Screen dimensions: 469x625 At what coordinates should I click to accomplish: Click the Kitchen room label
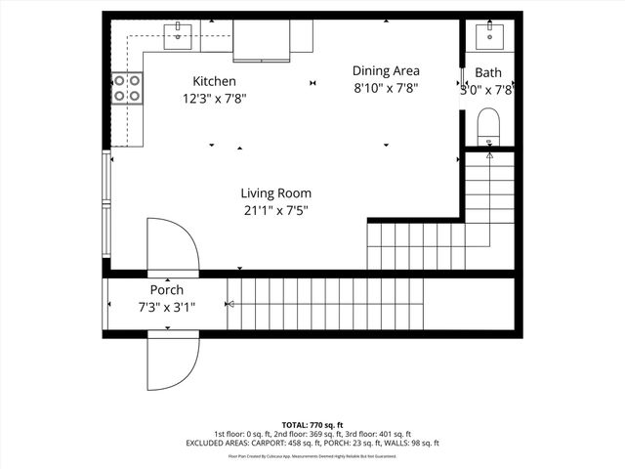(x=214, y=82)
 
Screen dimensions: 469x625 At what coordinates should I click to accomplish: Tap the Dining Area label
(x=386, y=70)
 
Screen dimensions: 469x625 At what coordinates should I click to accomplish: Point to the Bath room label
(x=489, y=73)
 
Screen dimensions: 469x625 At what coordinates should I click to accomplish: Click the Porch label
(x=166, y=290)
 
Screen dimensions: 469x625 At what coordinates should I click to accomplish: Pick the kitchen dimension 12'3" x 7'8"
(x=214, y=99)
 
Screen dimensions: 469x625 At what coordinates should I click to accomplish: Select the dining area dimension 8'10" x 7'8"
(x=386, y=88)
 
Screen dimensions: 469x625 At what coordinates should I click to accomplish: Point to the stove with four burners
(x=127, y=88)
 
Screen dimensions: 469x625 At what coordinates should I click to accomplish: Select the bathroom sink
(x=489, y=36)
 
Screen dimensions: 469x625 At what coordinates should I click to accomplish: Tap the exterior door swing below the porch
(x=172, y=362)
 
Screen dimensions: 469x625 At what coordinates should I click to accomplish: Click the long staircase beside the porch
(x=327, y=305)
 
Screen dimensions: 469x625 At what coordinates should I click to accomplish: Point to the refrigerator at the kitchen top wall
(x=261, y=38)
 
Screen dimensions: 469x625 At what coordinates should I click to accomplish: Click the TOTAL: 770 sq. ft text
(x=312, y=425)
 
